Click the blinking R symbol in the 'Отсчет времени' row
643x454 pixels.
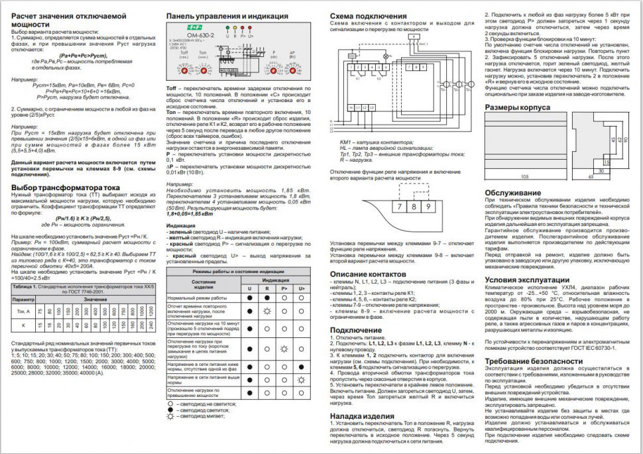tap(266, 310)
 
